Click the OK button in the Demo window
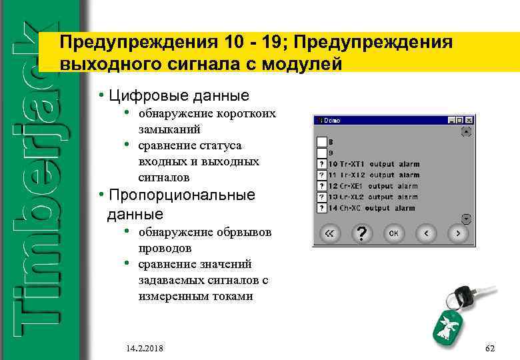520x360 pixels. click(x=394, y=233)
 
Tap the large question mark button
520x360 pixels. click(x=361, y=233)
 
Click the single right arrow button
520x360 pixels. click(x=457, y=233)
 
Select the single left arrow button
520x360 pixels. click(x=425, y=233)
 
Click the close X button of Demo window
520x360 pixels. click(x=469, y=121)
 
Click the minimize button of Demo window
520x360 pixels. click(x=453, y=121)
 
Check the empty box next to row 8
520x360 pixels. click(x=321, y=142)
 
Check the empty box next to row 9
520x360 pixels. click(x=321, y=153)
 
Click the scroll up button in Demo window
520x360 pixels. click(x=466, y=133)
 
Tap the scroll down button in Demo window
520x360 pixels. click(x=466, y=218)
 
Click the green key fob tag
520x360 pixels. click(x=447, y=327)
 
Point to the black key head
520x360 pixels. click(x=462, y=295)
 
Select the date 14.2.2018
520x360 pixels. click(x=144, y=349)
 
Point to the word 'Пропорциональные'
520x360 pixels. click(x=182, y=195)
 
